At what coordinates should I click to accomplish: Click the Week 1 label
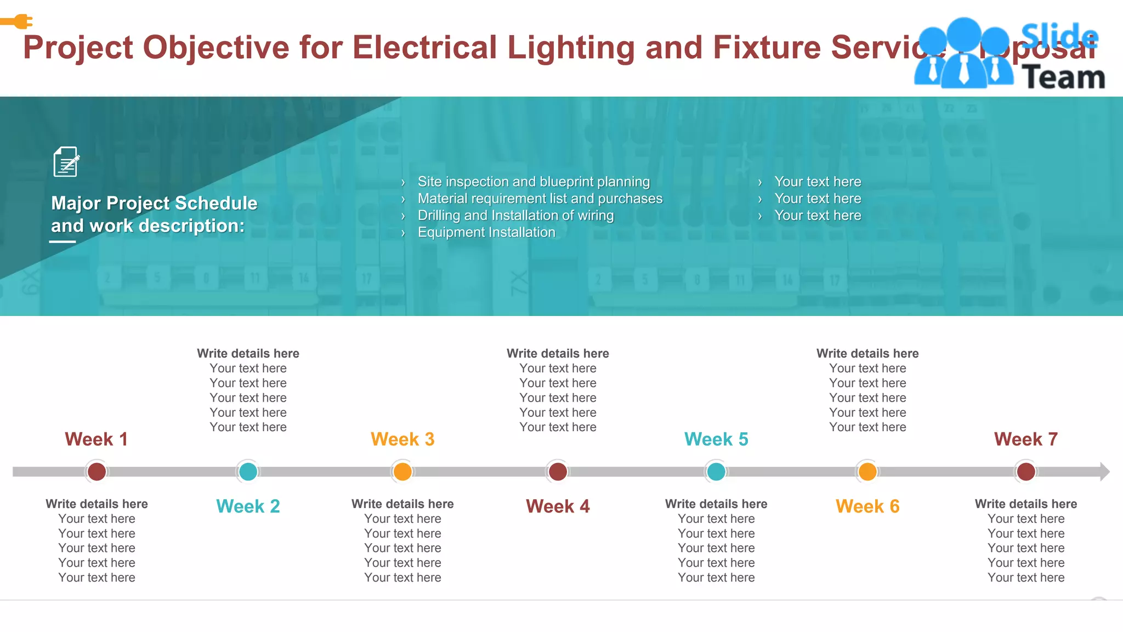(96, 439)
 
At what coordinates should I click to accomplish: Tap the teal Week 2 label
(248, 506)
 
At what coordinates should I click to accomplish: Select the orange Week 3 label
(402, 439)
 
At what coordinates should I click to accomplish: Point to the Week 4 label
(558, 506)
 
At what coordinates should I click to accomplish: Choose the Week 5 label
(716, 439)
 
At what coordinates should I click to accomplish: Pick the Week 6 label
(867, 506)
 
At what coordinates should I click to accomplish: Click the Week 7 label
(1025, 439)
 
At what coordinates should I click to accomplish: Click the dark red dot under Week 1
(97, 472)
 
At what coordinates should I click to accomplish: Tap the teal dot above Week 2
(248, 472)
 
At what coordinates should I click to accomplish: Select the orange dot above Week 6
(867, 472)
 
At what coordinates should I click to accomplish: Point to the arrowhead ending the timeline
(1104, 472)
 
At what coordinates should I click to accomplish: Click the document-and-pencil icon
(66, 162)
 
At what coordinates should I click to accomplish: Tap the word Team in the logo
(1063, 77)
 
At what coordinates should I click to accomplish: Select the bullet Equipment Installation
(486, 233)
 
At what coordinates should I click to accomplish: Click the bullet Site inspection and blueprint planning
(534, 182)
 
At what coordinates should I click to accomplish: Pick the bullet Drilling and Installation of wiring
(515, 216)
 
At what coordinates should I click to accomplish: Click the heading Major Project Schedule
(154, 204)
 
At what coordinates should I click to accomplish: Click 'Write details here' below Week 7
(1025, 504)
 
